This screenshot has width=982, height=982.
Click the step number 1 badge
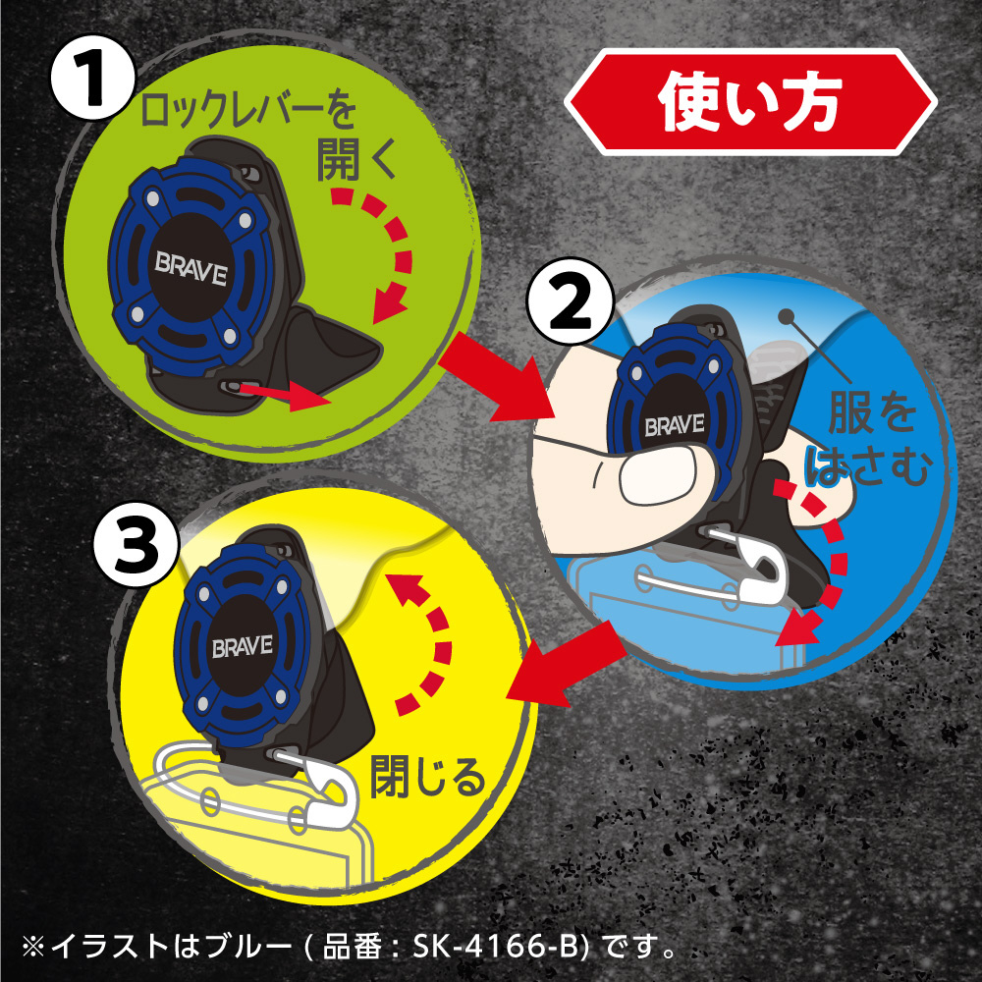(x=92, y=77)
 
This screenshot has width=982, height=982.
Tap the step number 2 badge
(x=570, y=301)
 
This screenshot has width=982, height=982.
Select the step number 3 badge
(x=136, y=544)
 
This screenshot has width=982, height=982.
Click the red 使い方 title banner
(x=750, y=102)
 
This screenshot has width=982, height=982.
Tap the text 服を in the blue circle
(x=872, y=411)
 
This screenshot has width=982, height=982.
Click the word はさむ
(x=869, y=464)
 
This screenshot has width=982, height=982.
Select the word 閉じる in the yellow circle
(x=427, y=776)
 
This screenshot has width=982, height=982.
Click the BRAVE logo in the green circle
(x=191, y=269)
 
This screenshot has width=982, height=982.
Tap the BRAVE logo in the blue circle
(x=675, y=425)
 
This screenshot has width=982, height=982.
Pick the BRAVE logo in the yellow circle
(x=243, y=646)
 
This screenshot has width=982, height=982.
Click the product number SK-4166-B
(x=500, y=946)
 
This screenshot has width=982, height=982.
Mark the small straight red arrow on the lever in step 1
(x=285, y=396)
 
